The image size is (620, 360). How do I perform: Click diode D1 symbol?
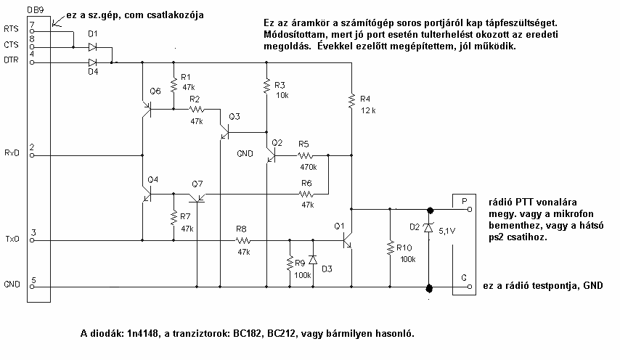tap(92, 46)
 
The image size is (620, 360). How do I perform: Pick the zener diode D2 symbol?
tap(428, 228)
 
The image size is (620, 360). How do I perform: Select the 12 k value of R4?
tap(368, 110)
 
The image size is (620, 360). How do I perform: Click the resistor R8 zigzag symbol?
tap(242, 240)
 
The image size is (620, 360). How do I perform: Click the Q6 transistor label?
tap(155, 91)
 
